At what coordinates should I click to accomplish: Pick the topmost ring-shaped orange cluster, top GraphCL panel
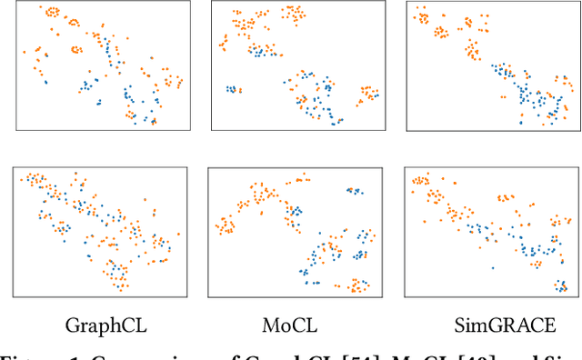(x=52, y=12)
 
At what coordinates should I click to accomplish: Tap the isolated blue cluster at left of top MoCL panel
(x=233, y=89)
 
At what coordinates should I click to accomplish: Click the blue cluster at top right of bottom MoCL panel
(x=353, y=191)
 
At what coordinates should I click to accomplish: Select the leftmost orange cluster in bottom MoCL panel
(x=223, y=225)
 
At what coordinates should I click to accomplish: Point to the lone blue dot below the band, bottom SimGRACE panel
(x=492, y=268)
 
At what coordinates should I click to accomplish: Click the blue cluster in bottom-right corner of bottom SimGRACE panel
(x=562, y=285)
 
